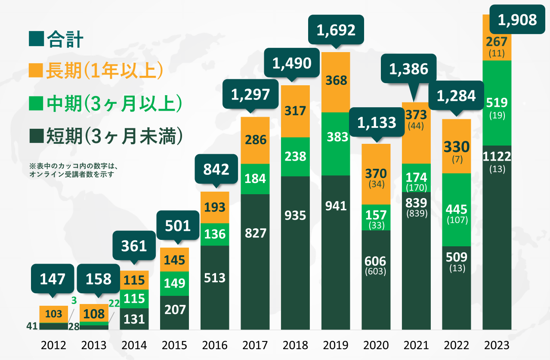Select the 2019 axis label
pos(335,345)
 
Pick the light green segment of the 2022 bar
pos(456,210)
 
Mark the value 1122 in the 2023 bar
pos(497,157)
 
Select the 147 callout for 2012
pos(53,279)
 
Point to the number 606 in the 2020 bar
pos(375,261)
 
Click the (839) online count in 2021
pos(416,213)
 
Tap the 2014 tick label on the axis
pos(134,345)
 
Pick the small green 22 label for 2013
pos(114,303)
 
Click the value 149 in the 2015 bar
pos(174,283)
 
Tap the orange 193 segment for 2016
pos(215,208)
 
